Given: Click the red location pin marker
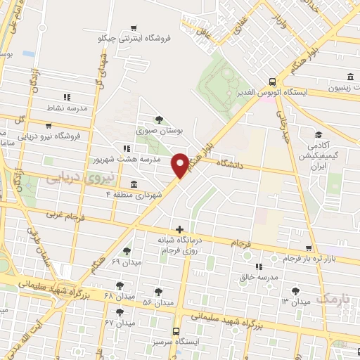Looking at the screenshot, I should (x=180, y=165).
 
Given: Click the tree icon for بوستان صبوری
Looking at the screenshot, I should (x=158, y=119).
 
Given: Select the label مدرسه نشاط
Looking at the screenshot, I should (x=67, y=108).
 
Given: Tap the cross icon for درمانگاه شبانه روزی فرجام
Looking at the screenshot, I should (x=181, y=229).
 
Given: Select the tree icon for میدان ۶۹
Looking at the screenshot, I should (x=127, y=251).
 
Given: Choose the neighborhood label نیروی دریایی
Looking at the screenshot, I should (x=74, y=179).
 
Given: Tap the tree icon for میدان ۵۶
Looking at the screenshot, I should (x=157, y=291).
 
